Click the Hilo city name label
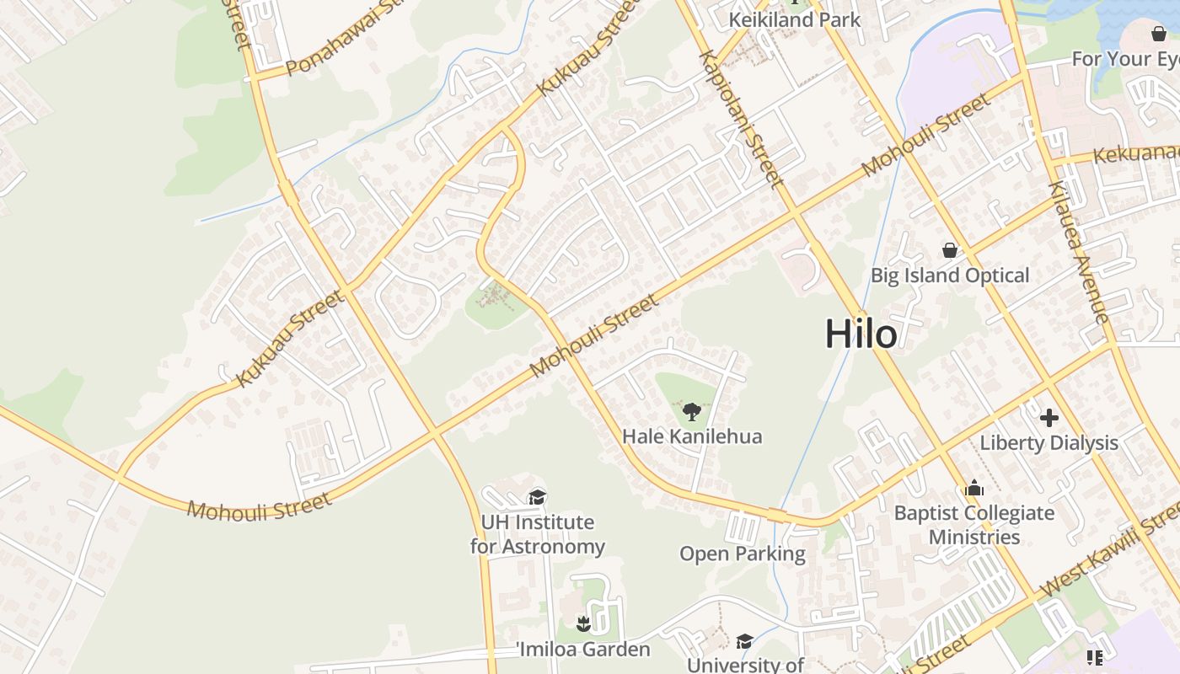coord(861,334)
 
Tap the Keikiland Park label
coord(795,19)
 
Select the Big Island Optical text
coord(950,275)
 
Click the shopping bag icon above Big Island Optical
coord(950,250)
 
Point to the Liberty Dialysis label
coord(1049,442)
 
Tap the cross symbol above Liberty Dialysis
coord(1049,417)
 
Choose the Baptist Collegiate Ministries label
coord(974,525)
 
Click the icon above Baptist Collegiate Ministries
coord(974,489)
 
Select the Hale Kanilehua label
coord(692,436)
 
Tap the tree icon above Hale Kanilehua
coord(692,412)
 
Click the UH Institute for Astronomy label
coord(537,534)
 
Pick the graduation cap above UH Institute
coord(537,497)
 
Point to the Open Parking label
coord(743,554)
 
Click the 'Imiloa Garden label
coord(583,649)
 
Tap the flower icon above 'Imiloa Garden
coord(582,624)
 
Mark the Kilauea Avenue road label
coord(1079,253)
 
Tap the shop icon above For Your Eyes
coord(1159,34)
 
